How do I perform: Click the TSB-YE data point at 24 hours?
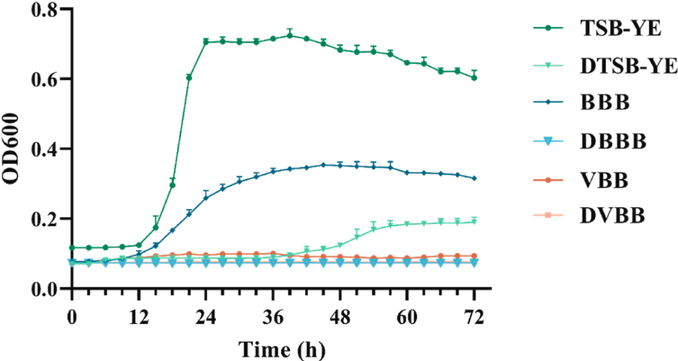pos(206,42)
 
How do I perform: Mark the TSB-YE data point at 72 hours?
pos(474,78)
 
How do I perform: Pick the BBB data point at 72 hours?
pos(474,178)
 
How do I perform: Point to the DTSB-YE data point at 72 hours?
pos(474,222)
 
